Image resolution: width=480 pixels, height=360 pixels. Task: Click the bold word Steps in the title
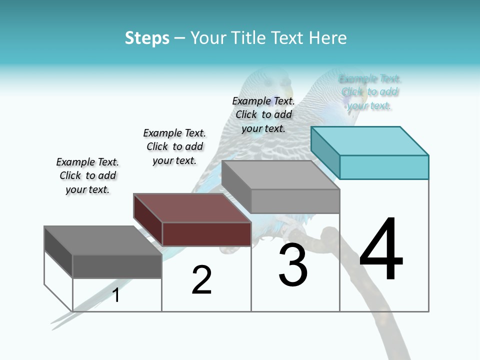pyautogui.click(x=147, y=38)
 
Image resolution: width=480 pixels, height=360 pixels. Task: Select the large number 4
pyautogui.click(x=381, y=250)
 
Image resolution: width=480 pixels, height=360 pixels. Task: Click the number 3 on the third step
pyautogui.click(x=293, y=265)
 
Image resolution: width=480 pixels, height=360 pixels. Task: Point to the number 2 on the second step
pyautogui.click(x=202, y=280)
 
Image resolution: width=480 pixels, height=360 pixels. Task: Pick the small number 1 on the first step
pyautogui.click(x=116, y=295)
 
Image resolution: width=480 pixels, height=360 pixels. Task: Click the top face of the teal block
pyautogui.click(x=370, y=140)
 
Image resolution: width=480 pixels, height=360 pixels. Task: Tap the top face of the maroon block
pyautogui.click(x=192, y=208)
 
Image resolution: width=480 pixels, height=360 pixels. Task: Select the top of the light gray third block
pyautogui.click(x=280, y=175)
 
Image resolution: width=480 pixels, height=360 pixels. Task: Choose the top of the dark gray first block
pyautogui.click(x=103, y=240)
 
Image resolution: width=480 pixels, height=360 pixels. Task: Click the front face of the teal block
pyautogui.click(x=384, y=167)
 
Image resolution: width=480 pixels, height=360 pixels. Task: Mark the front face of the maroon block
pyautogui.click(x=206, y=234)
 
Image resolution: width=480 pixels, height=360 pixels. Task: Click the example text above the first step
pyautogui.click(x=87, y=175)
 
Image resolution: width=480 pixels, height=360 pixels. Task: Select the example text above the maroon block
pyautogui.click(x=174, y=146)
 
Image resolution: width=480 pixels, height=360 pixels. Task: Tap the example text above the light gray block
pyautogui.click(x=263, y=114)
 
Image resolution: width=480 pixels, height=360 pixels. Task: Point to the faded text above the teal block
pyautogui.click(x=369, y=92)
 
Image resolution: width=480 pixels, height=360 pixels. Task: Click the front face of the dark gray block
pyautogui.click(x=117, y=266)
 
